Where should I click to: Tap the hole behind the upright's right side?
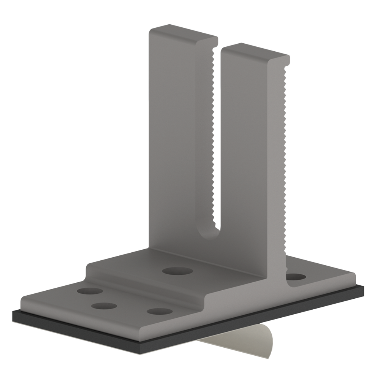tap(296, 277)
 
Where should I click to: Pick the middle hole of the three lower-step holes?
tap(103, 306)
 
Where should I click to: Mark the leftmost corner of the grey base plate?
tap(21, 304)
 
